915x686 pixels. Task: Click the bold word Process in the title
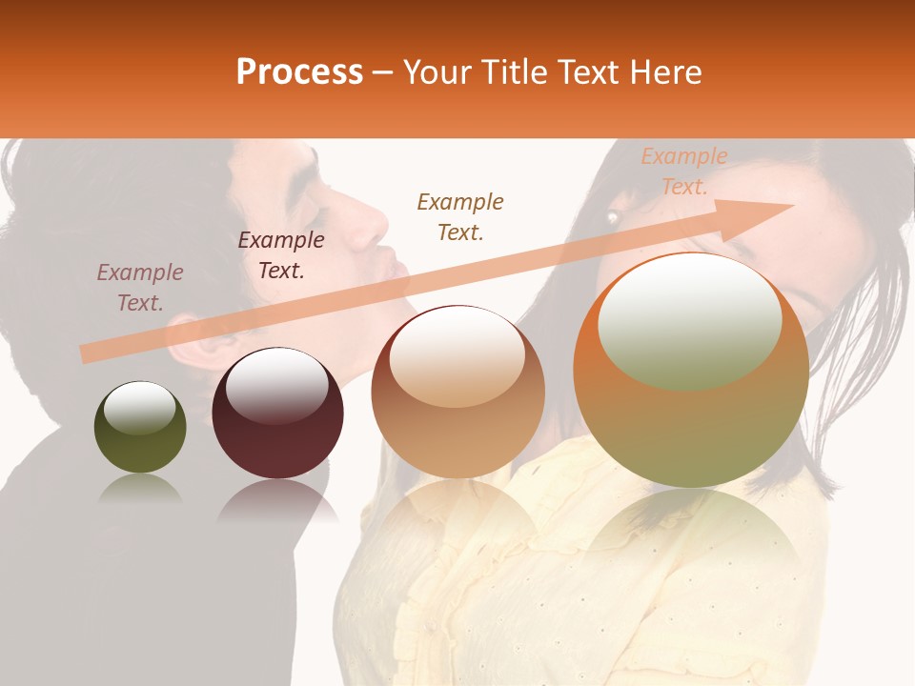tap(299, 72)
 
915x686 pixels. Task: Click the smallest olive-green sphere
tap(140, 428)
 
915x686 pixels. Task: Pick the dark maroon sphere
tap(277, 414)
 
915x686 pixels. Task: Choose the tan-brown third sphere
tap(457, 392)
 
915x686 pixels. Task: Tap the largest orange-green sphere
tap(691, 372)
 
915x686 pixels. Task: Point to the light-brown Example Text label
tap(140, 288)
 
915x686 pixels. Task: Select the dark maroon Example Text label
tap(281, 255)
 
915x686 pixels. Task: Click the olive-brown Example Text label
tap(460, 216)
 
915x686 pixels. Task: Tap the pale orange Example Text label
tap(684, 171)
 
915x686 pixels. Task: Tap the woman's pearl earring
tap(613, 217)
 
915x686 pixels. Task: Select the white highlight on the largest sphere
tap(689, 319)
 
